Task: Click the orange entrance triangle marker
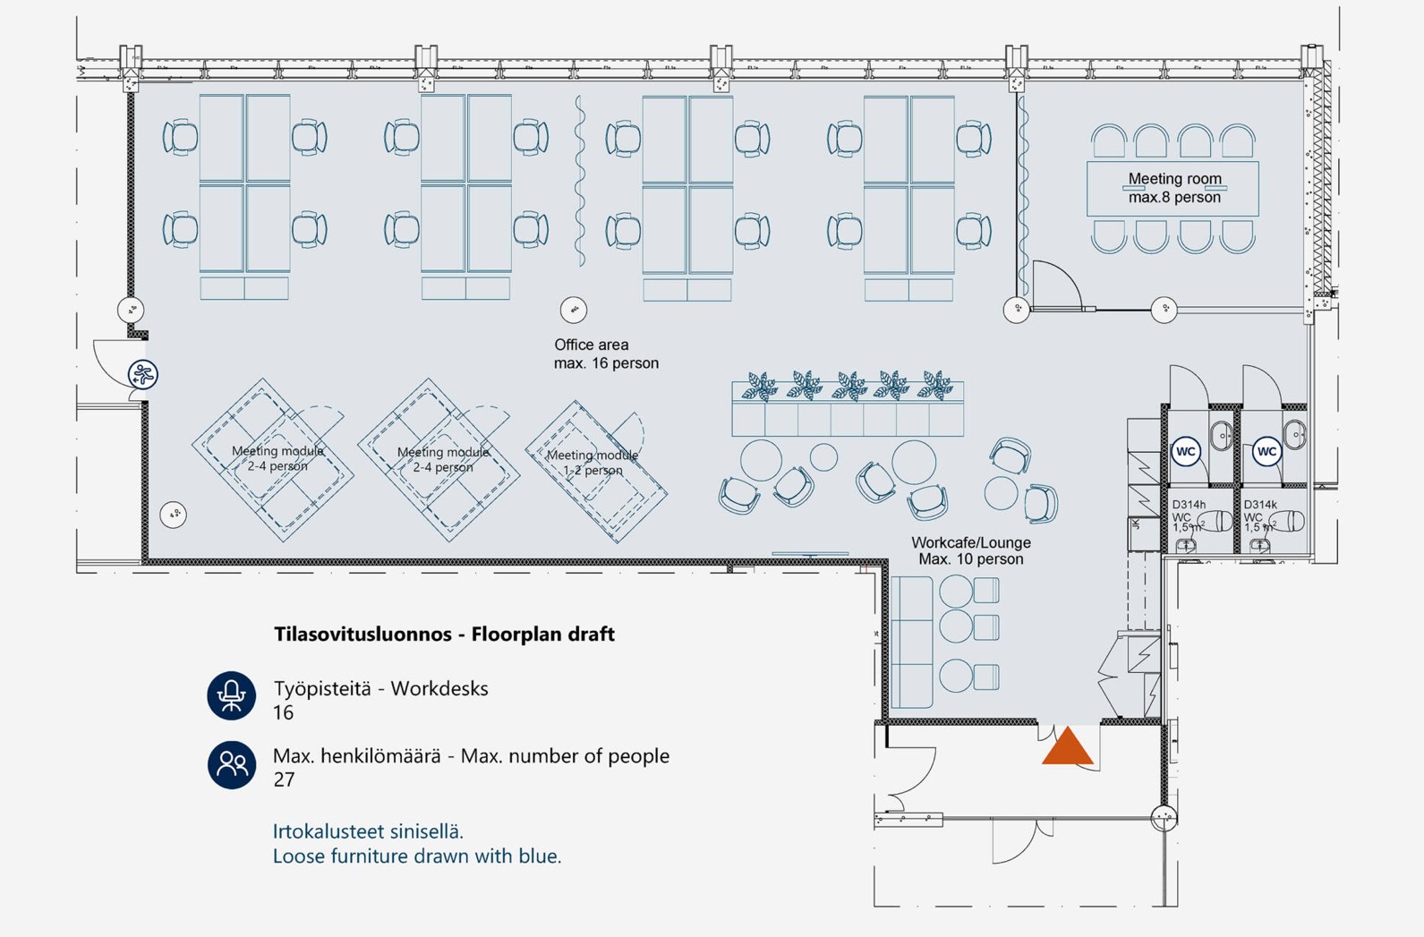(x=1067, y=748)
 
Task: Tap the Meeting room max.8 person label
(x=1174, y=188)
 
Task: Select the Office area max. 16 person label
(x=605, y=354)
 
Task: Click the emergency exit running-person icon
(x=143, y=374)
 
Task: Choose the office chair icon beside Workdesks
(x=231, y=695)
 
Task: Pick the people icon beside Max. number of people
(x=231, y=763)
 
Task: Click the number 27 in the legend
(x=284, y=779)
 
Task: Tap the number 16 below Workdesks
(x=283, y=712)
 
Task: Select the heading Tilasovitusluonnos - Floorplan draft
(x=444, y=634)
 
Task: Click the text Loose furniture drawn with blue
(x=417, y=856)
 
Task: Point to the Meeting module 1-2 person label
(x=593, y=462)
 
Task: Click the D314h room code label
(x=1189, y=505)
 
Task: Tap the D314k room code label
(x=1260, y=505)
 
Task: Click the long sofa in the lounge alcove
(x=911, y=643)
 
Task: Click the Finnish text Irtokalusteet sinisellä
(x=368, y=831)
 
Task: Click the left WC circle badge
(x=1186, y=451)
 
